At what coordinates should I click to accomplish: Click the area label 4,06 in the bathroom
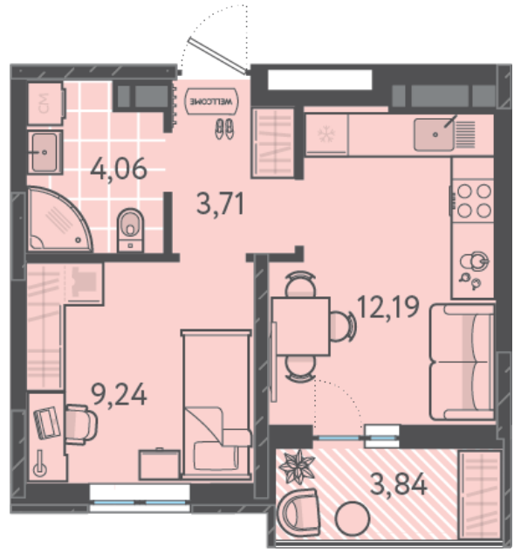click(x=119, y=169)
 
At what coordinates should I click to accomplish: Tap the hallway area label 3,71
click(x=220, y=204)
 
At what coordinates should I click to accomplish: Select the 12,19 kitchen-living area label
click(x=388, y=307)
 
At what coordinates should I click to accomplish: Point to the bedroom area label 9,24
click(x=119, y=395)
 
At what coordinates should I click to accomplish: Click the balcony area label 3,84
click(x=399, y=484)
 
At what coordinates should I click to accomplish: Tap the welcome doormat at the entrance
click(x=211, y=101)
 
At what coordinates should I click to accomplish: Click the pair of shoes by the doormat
click(x=224, y=128)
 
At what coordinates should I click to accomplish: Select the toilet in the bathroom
click(x=130, y=230)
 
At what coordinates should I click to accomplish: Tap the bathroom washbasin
click(x=45, y=152)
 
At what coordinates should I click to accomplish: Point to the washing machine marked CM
click(x=46, y=103)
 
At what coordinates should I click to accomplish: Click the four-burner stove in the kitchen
click(x=473, y=201)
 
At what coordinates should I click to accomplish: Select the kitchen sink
click(x=435, y=135)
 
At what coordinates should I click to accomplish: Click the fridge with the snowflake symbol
click(x=326, y=135)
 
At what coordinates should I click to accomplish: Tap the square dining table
click(x=302, y=327)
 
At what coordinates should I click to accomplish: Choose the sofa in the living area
click(x=463, y=362)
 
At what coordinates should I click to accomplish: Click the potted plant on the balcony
click(x=297, y=467)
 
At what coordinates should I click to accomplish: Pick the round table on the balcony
click(x=353, y=519)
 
